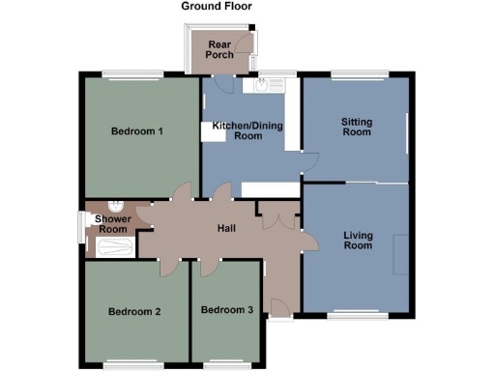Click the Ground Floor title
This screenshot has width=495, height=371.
[x=217, y=6]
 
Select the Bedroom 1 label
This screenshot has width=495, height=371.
[x=135, y=131]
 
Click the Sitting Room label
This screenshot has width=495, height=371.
[x=356, y=127]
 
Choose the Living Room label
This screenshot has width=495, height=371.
[x=357, y=240]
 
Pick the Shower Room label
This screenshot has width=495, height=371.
[x=112, y=224]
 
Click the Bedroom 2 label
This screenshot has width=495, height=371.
[x=133, y=311]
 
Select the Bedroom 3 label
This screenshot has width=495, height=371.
[x=226, y=310]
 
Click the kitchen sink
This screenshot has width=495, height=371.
[x=260, y=87]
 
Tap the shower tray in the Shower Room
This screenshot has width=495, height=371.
[x=111, y=247]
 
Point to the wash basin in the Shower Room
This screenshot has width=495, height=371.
[x=116, y=206]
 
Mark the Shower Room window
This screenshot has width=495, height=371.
[x=80, y=228]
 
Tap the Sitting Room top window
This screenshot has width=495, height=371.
[x=359, y=73]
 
